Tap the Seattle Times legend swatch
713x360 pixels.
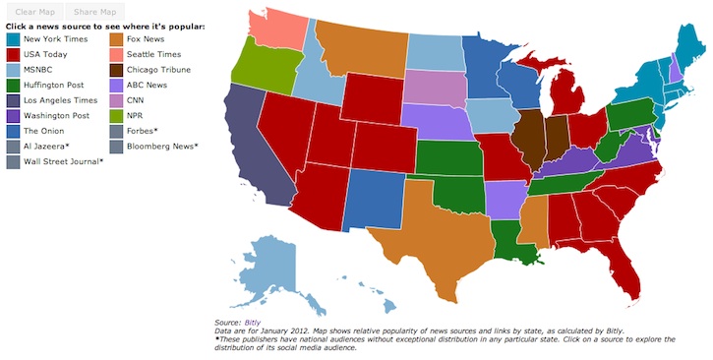118,54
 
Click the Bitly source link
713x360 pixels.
253,323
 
